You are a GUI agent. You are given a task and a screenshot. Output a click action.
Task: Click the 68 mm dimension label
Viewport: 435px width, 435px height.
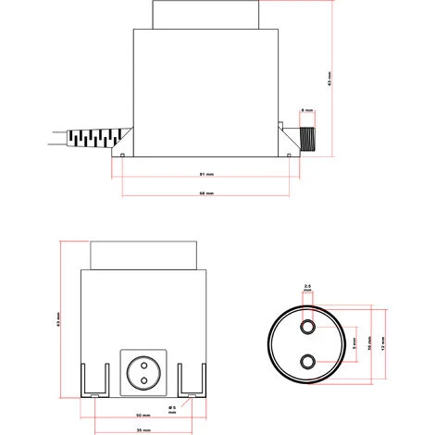point(207,193)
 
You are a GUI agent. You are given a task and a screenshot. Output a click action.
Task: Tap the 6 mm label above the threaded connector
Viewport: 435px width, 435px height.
point(307,109)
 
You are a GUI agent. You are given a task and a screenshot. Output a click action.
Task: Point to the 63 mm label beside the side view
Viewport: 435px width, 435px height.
point(330,81)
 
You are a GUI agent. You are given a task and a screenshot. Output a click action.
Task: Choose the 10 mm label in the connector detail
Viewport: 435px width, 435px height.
point(368,343)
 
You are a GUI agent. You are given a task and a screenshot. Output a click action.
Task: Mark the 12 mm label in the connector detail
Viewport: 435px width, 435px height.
point(382,343)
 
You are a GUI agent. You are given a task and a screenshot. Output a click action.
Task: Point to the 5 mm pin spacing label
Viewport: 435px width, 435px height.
point(353,343)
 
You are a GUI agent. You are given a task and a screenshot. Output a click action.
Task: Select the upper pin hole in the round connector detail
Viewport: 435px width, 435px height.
point(308,326)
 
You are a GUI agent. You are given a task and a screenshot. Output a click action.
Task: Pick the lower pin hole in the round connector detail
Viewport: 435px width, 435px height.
point(308,361)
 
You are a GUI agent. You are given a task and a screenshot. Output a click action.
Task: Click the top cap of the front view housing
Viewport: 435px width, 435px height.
point(143,252)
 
